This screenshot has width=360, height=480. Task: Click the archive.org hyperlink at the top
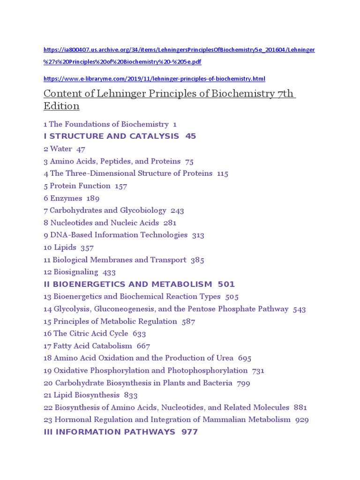179,50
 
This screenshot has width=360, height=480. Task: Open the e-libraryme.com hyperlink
154,79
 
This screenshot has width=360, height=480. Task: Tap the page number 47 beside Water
81,149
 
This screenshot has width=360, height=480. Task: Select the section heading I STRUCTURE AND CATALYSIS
112,136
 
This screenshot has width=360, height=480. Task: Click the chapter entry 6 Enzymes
63,198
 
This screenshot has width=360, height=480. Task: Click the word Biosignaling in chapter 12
76,272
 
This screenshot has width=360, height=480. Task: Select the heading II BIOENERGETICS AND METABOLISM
127,284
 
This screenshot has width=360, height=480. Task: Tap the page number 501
226,284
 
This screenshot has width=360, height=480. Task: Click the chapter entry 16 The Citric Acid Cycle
86,333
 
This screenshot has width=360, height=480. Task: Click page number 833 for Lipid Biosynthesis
131,395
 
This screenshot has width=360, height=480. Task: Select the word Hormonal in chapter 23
69,420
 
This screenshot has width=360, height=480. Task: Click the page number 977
189,432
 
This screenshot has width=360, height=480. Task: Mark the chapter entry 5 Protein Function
78,186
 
